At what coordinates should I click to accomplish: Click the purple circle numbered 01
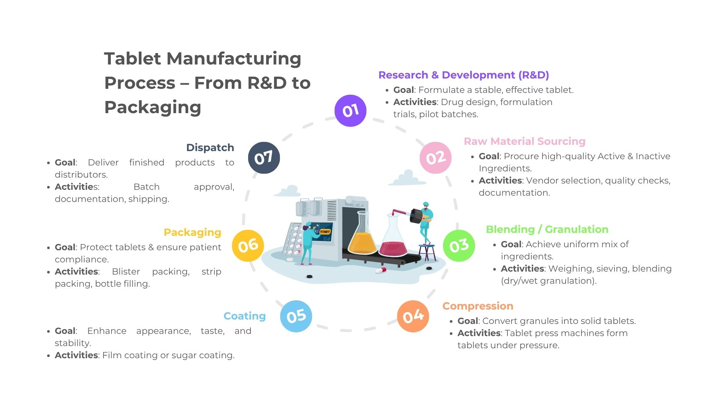tap(350, 111)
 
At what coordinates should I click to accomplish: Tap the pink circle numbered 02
tap(436, 158)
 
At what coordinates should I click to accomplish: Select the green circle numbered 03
tap(459, 245)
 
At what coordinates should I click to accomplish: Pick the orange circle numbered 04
tap(413, 316)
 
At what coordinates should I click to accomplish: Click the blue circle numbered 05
tap(296, 316)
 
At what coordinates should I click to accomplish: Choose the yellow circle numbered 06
tap(248, 245)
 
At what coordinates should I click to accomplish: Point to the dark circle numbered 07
tap(264, 158)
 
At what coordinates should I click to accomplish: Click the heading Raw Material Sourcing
tap(524, 142)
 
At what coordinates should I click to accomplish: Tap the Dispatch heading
tap(210, 148)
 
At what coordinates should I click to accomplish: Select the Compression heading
tap(478, 306)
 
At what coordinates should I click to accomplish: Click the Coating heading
tap(245, 316)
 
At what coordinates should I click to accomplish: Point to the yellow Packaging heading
tap(192, 233)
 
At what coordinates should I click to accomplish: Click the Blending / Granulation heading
tap(547, 230)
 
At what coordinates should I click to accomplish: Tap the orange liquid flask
tap(362, 240)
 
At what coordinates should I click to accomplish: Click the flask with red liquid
tap(393, 243)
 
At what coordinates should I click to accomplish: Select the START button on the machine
tap(325, 232)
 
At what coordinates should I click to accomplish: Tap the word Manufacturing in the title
tap(234, 59)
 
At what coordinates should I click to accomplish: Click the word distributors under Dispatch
tap(81, 175)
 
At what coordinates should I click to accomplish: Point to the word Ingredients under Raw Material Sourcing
tap(505, 169)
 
